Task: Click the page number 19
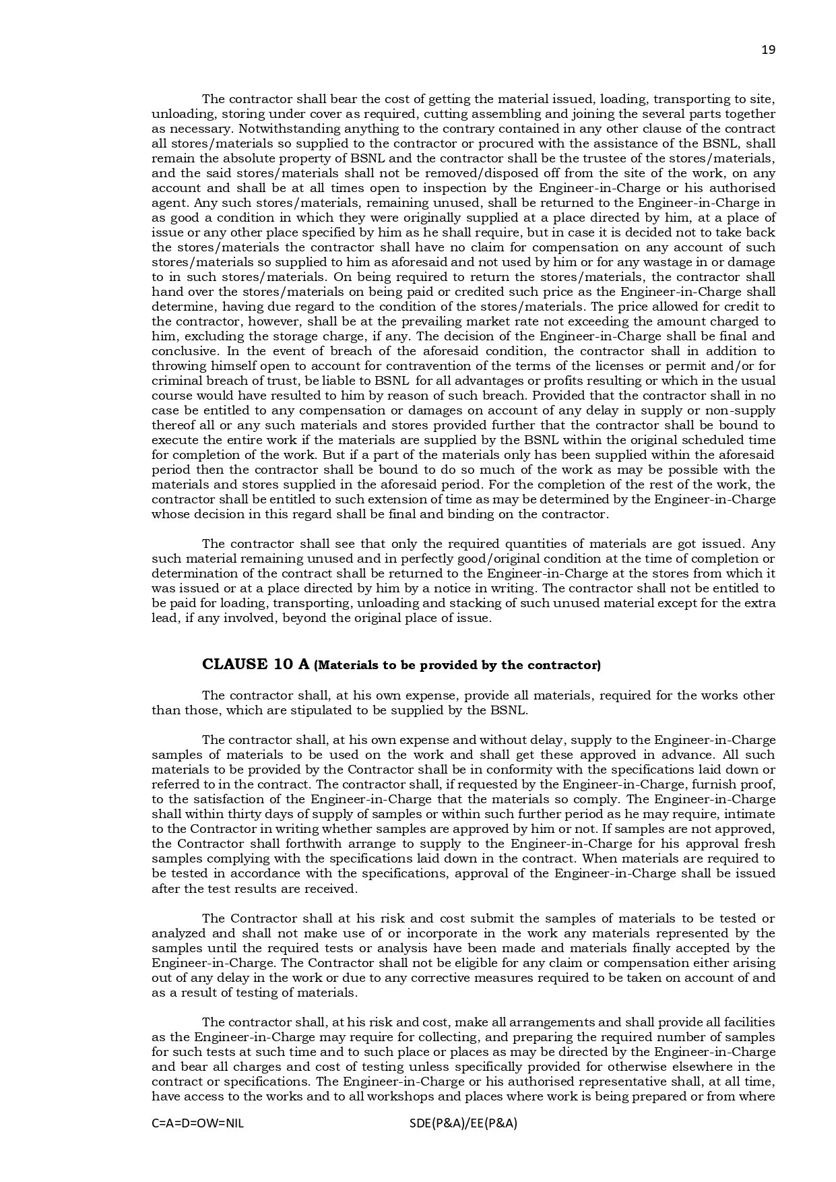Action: coord(768,50)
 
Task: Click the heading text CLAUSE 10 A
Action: coord(256,664)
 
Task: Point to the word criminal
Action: coord(174,381)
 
